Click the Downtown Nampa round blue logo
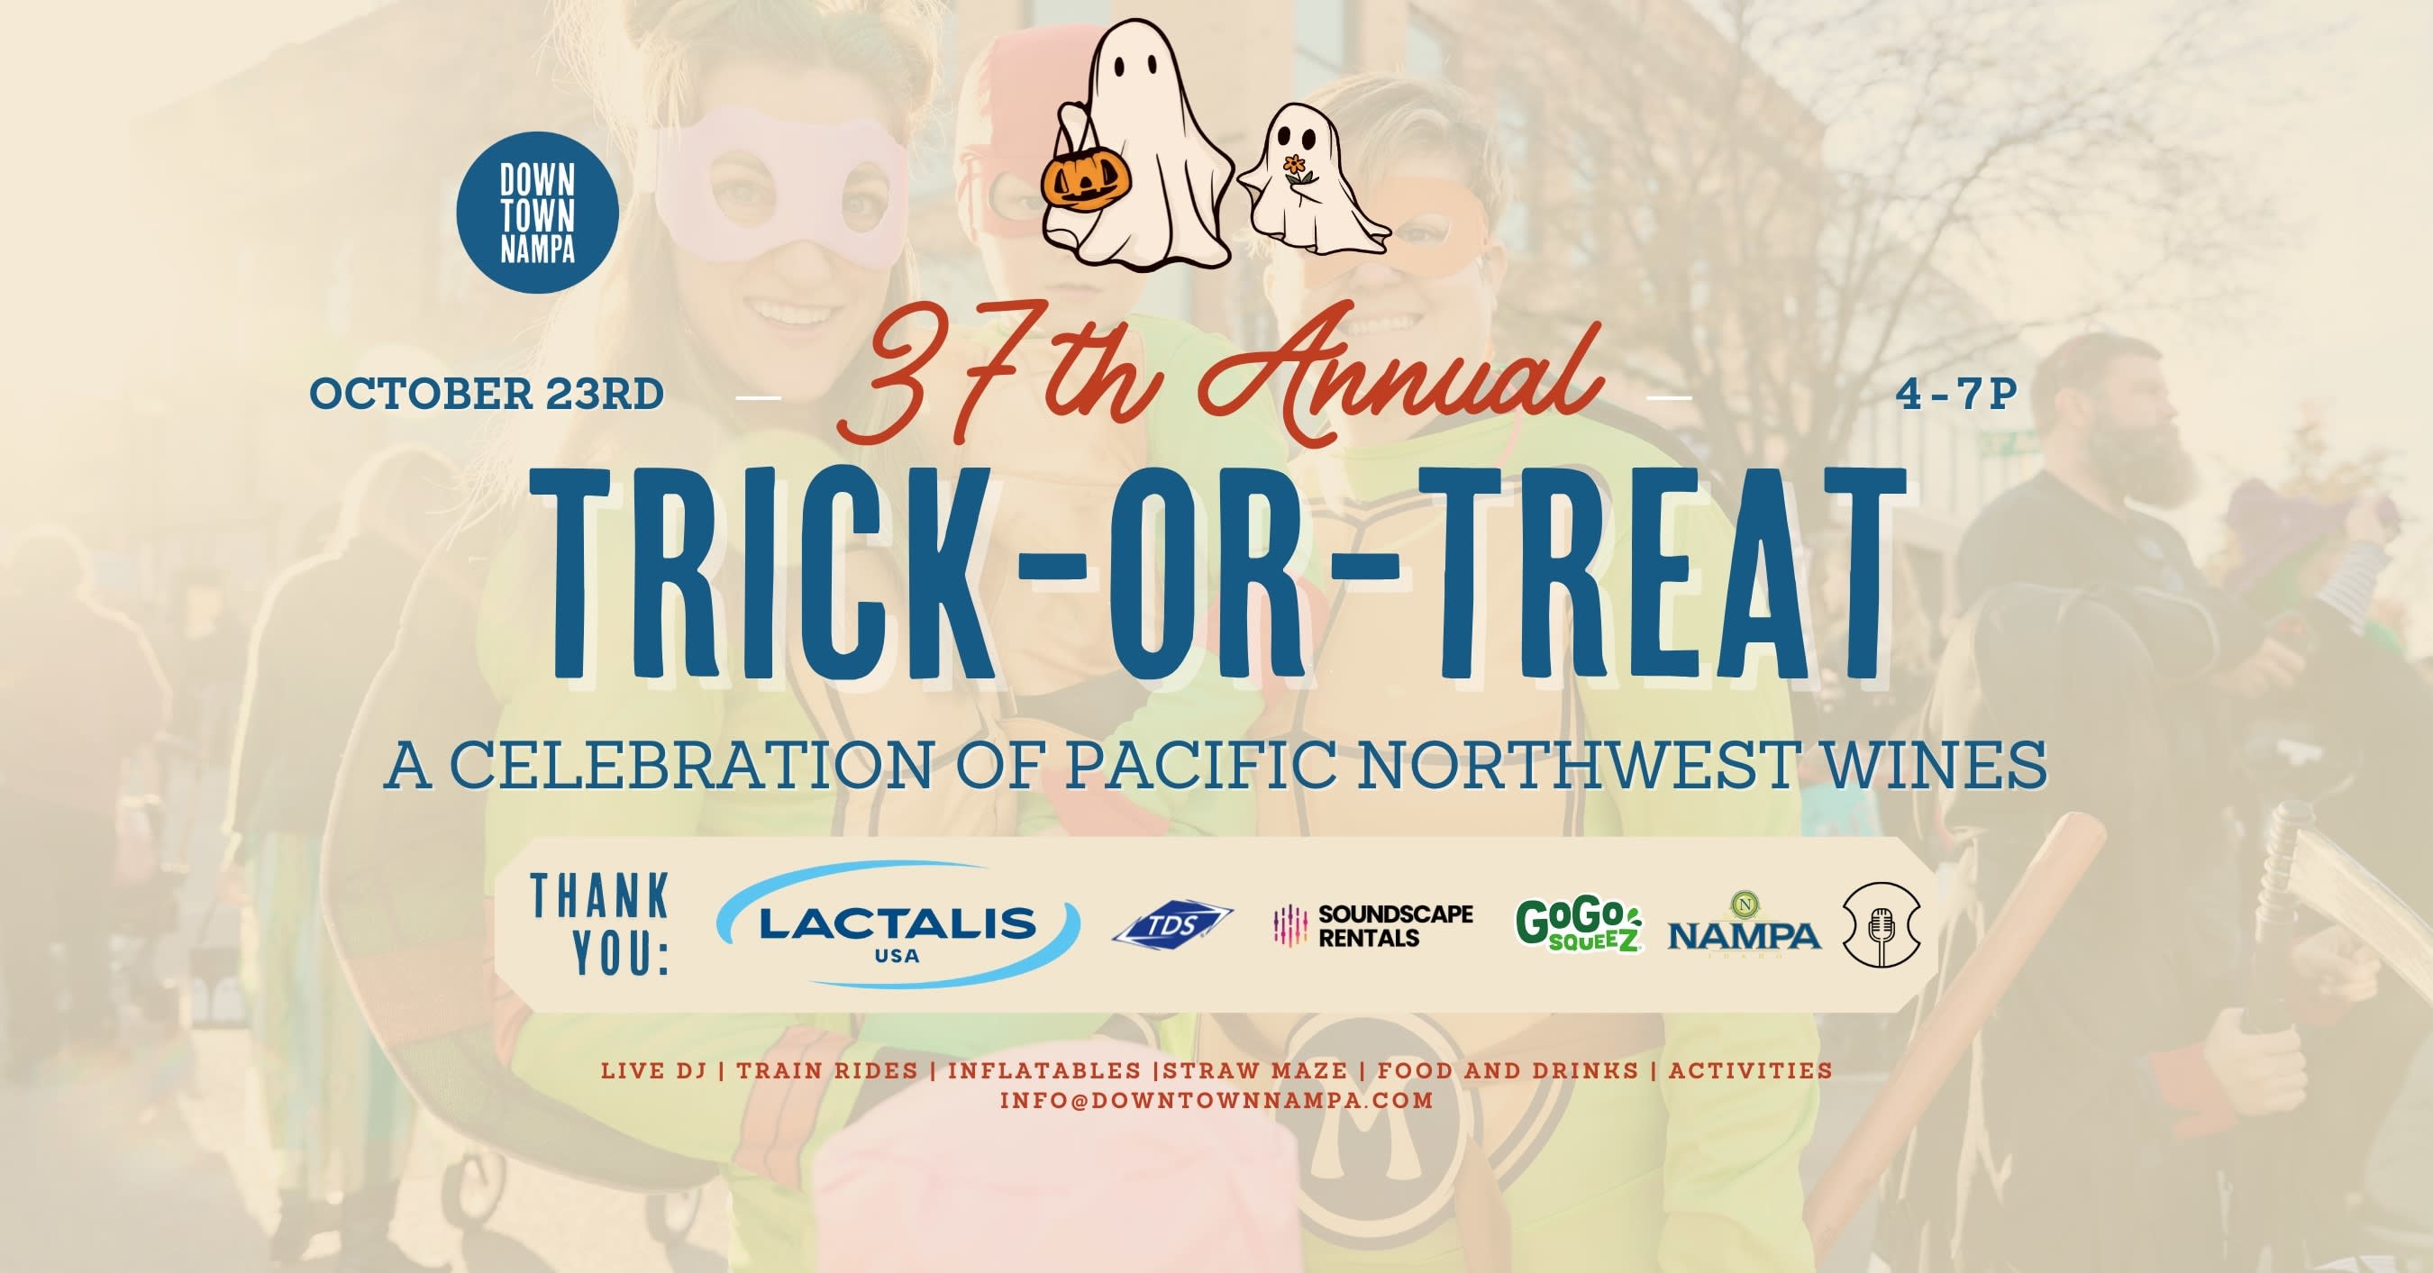[x=537, y=213]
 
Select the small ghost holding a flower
[x=1313, y=179]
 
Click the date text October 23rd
[x=487, y=394]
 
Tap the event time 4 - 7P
[x=1956, y=394]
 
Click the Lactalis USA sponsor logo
[x=898, y=924]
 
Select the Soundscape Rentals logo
[x=1373, y=925]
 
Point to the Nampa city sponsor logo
[x=1744, y=925]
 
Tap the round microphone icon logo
[x=1882, y=924]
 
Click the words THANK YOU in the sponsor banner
[x=601, y=924]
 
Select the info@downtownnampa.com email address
[x=1216, y=1100]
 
